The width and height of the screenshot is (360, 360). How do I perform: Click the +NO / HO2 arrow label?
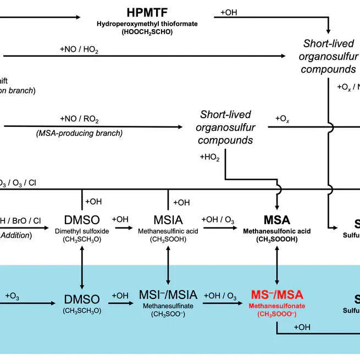click(80, 49)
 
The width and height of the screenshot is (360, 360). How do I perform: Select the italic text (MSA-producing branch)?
click(80, 133)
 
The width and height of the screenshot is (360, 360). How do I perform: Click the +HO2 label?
click(210, 158)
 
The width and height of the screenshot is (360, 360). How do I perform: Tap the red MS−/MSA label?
click(276, 295)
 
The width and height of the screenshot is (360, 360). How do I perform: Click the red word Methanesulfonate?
click(276, 306)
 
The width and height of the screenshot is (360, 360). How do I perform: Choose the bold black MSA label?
click(276, 220)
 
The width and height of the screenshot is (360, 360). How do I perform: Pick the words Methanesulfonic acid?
click(276, 231)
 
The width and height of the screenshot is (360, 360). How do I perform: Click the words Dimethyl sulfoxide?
click(82, 231)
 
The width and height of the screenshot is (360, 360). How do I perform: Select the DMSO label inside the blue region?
click(82, 300)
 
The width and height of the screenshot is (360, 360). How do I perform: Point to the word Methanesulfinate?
click(167, 306)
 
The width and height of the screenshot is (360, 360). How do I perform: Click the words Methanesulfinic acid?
click(167, 231)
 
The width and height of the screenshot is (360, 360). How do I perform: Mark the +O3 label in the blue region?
click(13, 296)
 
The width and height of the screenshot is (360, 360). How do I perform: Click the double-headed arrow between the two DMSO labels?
click(82, 267)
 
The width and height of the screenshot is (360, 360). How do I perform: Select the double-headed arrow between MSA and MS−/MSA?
click(276, 267)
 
